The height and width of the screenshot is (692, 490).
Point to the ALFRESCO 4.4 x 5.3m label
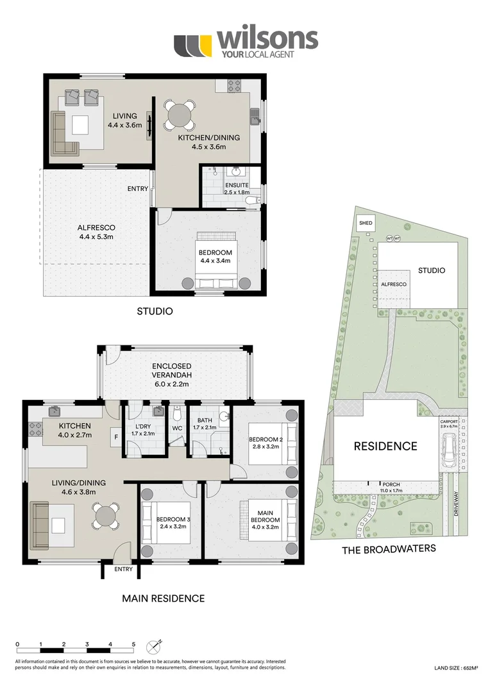pyautogui.click(x=96, y=232)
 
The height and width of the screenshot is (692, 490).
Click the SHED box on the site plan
pyautogui.click(x=366, y=224)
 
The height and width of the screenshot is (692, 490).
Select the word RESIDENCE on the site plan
pyautogui.click(x=385, y=446)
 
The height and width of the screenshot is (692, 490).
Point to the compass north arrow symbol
pyautogui.click(x=154, y=645)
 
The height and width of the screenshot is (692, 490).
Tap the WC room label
pyautogui.click(x=177, y=429)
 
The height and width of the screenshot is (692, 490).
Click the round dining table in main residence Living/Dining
pyautogui.click(x=106, y=515)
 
